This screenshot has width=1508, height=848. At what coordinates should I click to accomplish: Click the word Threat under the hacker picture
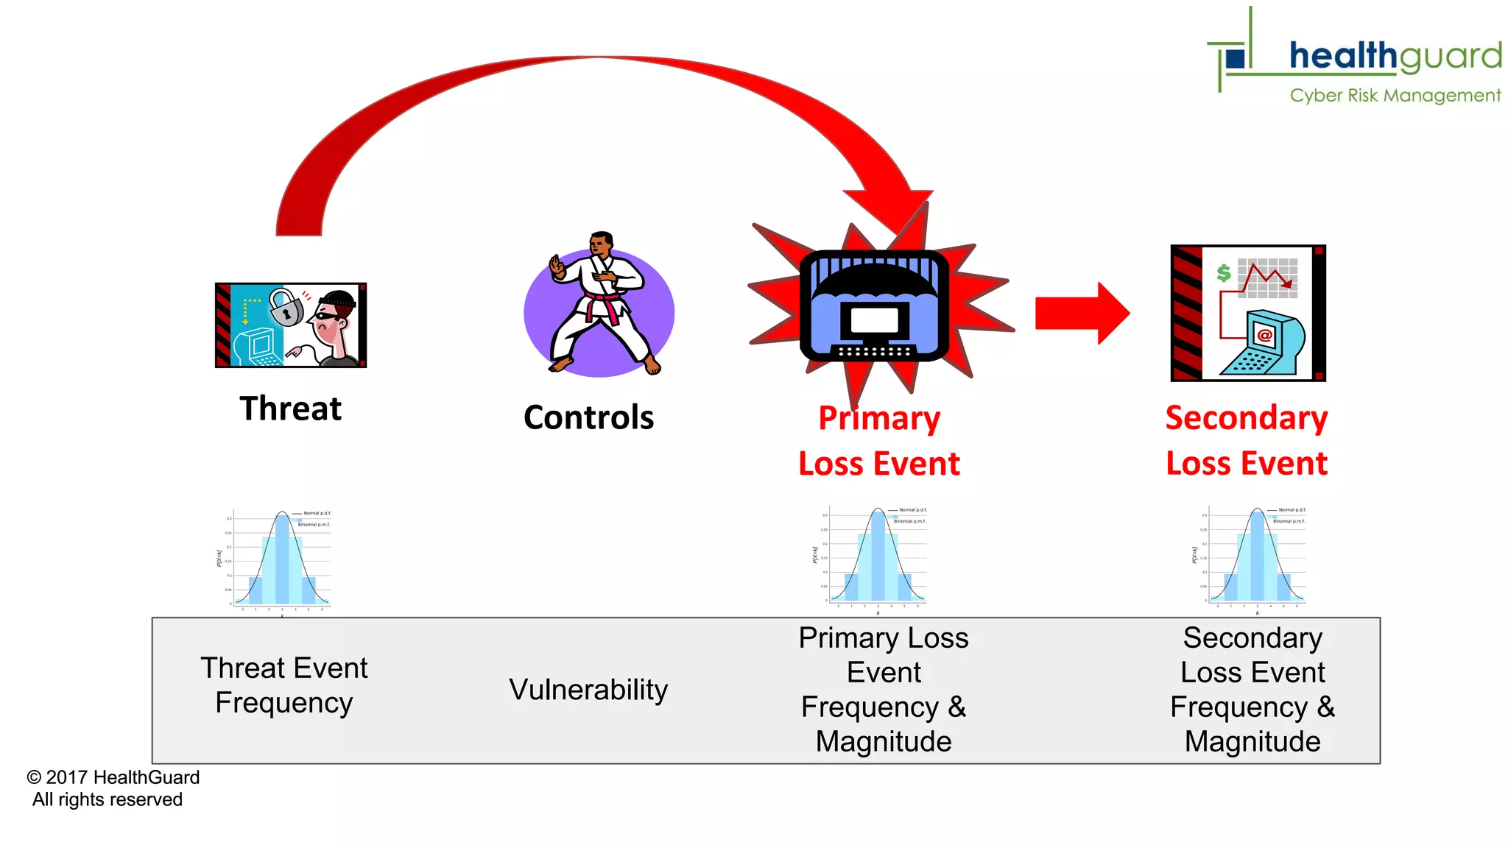[290, 409]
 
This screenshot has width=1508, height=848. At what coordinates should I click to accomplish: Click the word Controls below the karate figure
[588, 417]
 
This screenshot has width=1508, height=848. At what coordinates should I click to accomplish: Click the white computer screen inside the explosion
[874, 321]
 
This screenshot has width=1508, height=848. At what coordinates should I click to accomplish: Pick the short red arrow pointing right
[1081, 313]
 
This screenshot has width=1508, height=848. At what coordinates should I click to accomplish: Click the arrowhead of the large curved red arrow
[895, 213]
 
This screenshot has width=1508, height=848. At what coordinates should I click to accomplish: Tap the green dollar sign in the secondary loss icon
[1223, 273]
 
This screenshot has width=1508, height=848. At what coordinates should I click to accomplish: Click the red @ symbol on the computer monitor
[1265, 336]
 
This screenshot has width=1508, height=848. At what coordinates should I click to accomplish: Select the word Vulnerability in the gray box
[588, 690]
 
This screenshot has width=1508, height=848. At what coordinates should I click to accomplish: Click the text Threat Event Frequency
[284, 685]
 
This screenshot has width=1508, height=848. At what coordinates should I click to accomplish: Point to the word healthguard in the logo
[1395, 56]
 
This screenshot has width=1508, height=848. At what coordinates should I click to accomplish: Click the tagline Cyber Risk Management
[1395, 96]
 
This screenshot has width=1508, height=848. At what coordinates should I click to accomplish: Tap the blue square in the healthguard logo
[1236, 57]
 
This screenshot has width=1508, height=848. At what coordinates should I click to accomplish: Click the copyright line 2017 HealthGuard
[114, 777]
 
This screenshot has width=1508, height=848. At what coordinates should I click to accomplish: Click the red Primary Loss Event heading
[879, 441]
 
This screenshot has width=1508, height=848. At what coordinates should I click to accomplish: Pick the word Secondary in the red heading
[1247, 418]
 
